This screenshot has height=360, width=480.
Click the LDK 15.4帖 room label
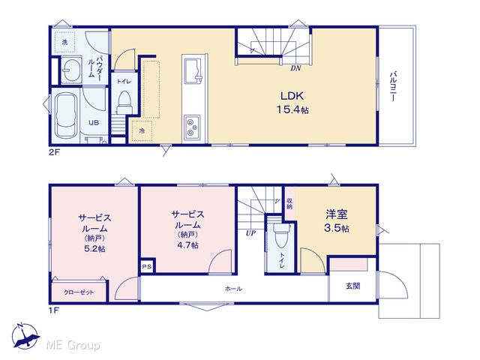tap(292, 103)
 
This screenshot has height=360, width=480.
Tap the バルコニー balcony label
tap(393, 86)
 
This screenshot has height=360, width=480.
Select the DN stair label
tap(295, 68)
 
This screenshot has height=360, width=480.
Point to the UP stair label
tap(250, 233)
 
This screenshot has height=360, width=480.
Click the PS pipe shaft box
tap(147, 266)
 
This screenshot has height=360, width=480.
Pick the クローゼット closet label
tap(79, 292)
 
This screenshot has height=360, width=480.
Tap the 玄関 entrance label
tap(352, 286)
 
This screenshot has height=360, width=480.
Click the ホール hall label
tap(233, 289)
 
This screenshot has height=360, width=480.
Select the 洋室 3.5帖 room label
tap(337, 220)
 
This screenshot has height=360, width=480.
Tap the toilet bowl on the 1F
tap(281, 235)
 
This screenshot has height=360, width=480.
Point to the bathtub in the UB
tap(65, 115)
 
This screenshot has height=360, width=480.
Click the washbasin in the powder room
tap(71, 70)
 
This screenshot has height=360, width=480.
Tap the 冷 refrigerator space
tap(142, 130)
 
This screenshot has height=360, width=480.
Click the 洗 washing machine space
tap(65, 42)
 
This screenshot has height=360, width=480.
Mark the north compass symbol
tap(25, 336)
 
